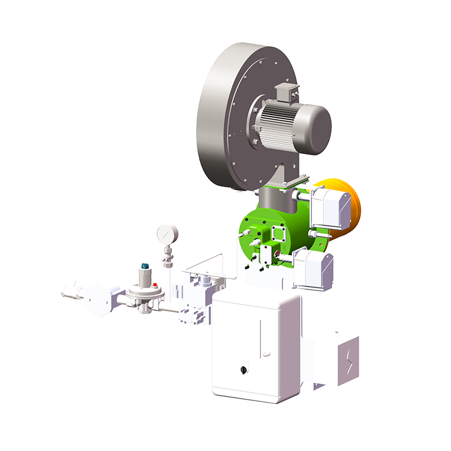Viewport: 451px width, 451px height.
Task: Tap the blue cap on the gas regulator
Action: pyautogui.click(x=145, y=264)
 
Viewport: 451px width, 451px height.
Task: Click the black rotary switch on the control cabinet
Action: pyautogui.click(x=244, y=370)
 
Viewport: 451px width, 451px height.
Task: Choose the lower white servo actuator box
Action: pyautogui.click(x=313, y=269)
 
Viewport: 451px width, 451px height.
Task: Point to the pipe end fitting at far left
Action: pyautogui.click(x=69, y=291)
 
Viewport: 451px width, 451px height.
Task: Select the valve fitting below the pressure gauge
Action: pyautogui.click(x=167, y=257)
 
